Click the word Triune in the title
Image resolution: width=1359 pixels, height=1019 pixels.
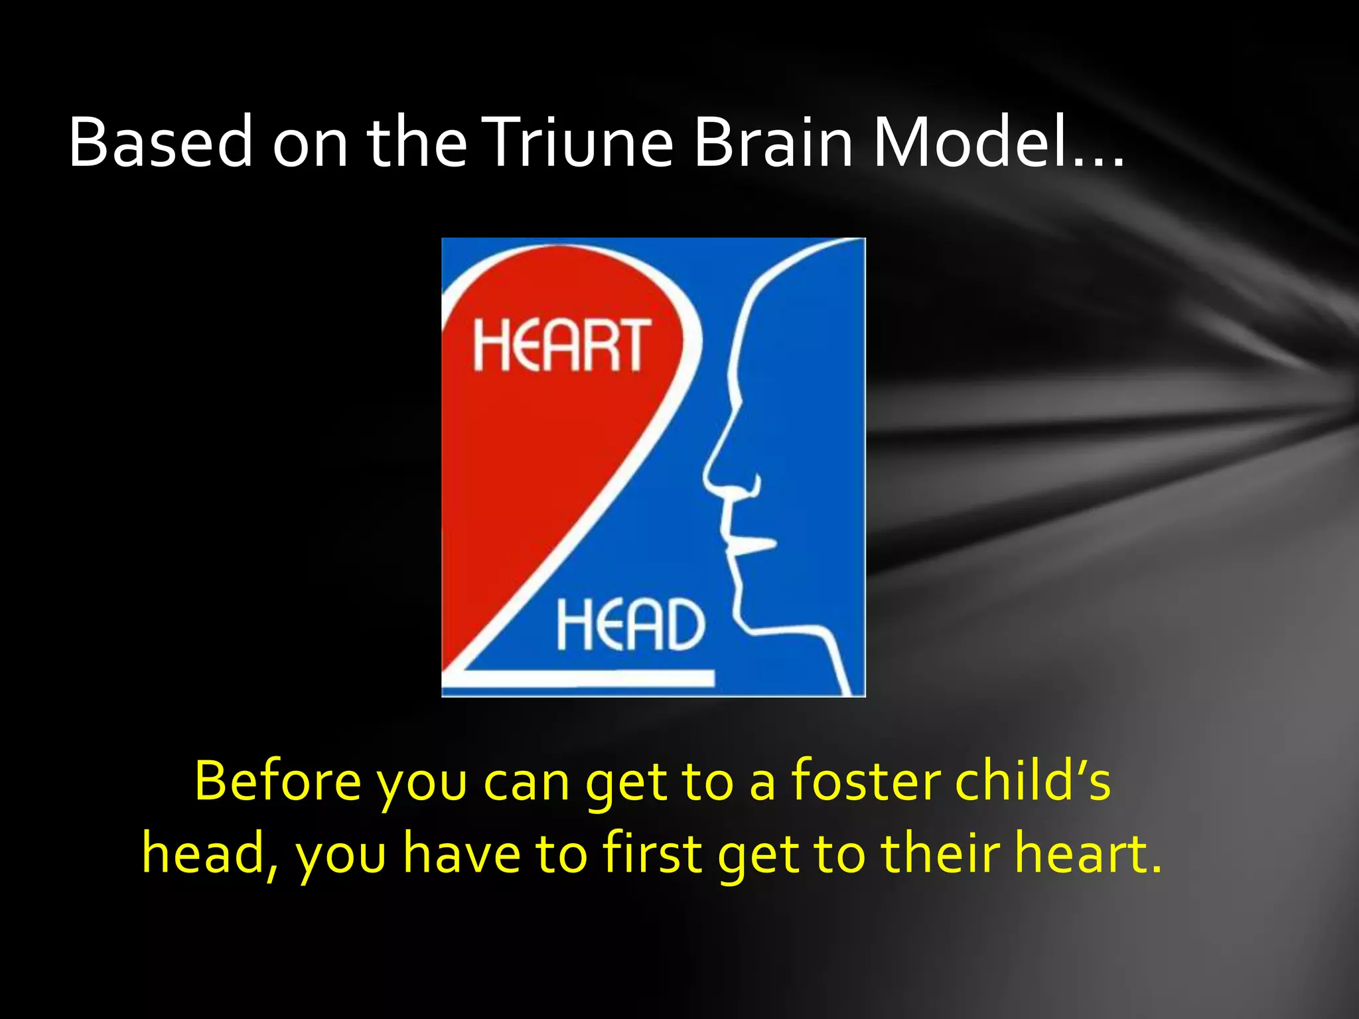577,142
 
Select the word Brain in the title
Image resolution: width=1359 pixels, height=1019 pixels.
772,142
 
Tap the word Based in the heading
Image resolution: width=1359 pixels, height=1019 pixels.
160,142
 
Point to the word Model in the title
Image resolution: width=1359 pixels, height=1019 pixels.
969,142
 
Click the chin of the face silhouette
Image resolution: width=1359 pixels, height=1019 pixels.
750,620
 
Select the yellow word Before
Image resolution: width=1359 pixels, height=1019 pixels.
278,781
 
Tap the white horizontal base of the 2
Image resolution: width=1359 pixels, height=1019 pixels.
584,678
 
